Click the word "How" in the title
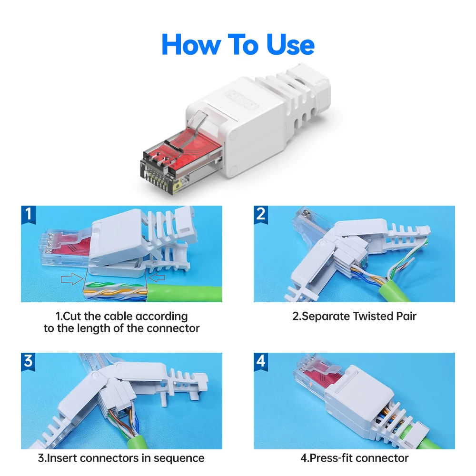pos(191,44)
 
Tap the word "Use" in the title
pos(290,44)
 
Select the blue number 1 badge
pos(28,215)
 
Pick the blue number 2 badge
pos(261,215)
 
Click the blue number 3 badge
pos(28,362)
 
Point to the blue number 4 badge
pos(261,362)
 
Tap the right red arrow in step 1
pos(157,277)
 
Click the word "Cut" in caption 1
pos(72,317)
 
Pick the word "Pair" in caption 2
pos(406,317)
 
